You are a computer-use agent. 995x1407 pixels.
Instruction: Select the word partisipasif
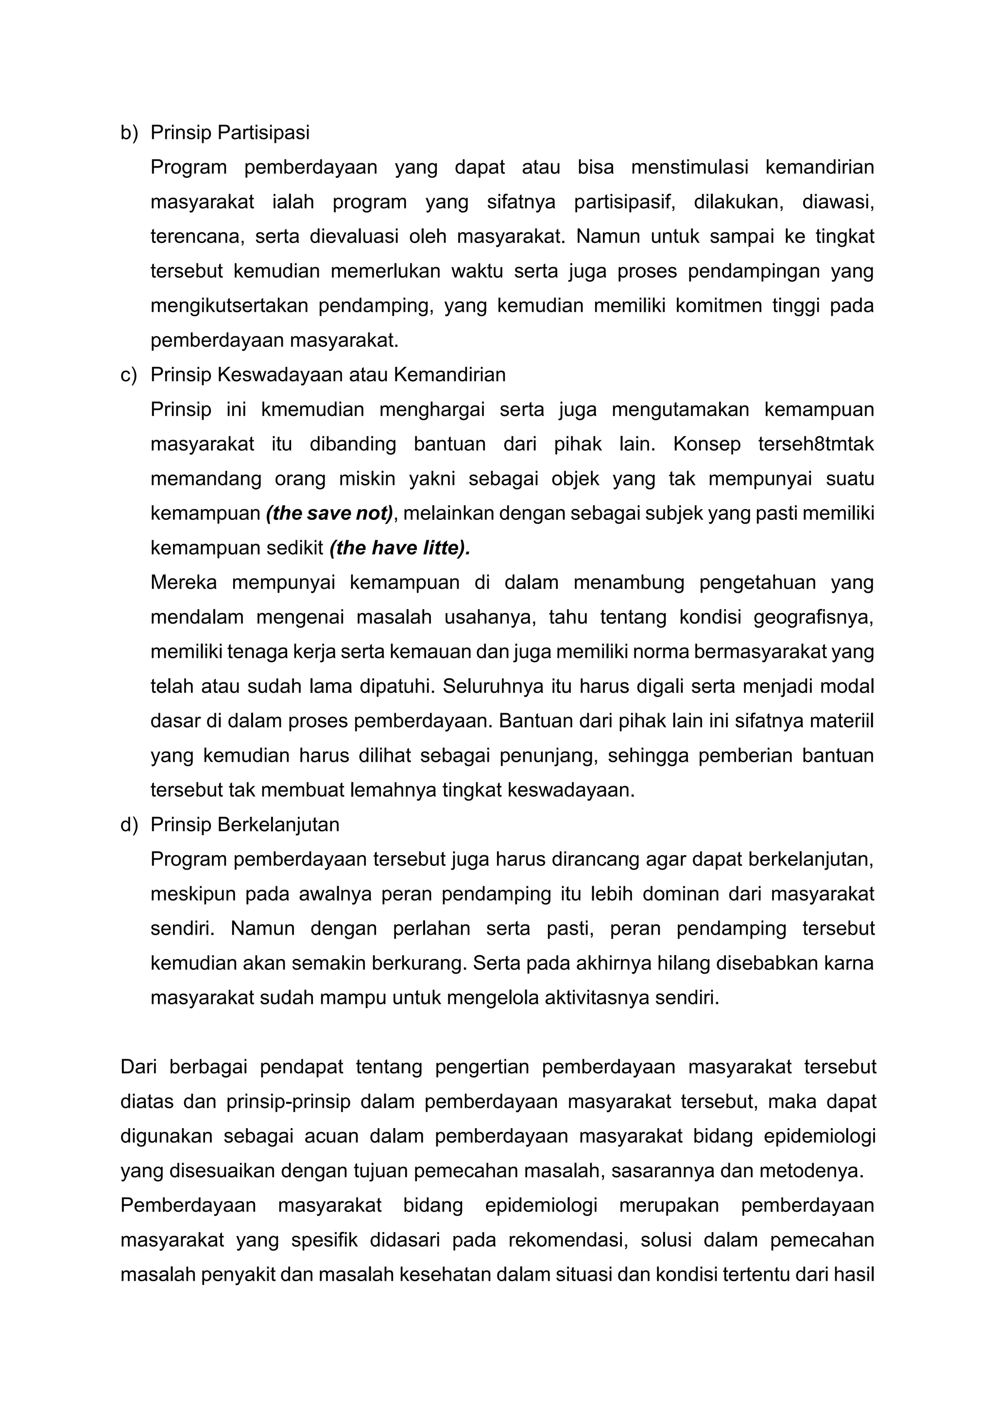click(624, 202)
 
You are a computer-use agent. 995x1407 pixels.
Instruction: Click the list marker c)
click(129, 375)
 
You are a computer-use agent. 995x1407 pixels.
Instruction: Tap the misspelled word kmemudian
click(312, 410)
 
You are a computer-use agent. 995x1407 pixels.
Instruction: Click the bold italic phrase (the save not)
click(329, 513)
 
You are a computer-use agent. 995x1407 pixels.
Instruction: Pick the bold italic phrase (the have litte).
click(399, 548)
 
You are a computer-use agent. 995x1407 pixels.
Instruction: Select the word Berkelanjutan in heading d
click(278, 825)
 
